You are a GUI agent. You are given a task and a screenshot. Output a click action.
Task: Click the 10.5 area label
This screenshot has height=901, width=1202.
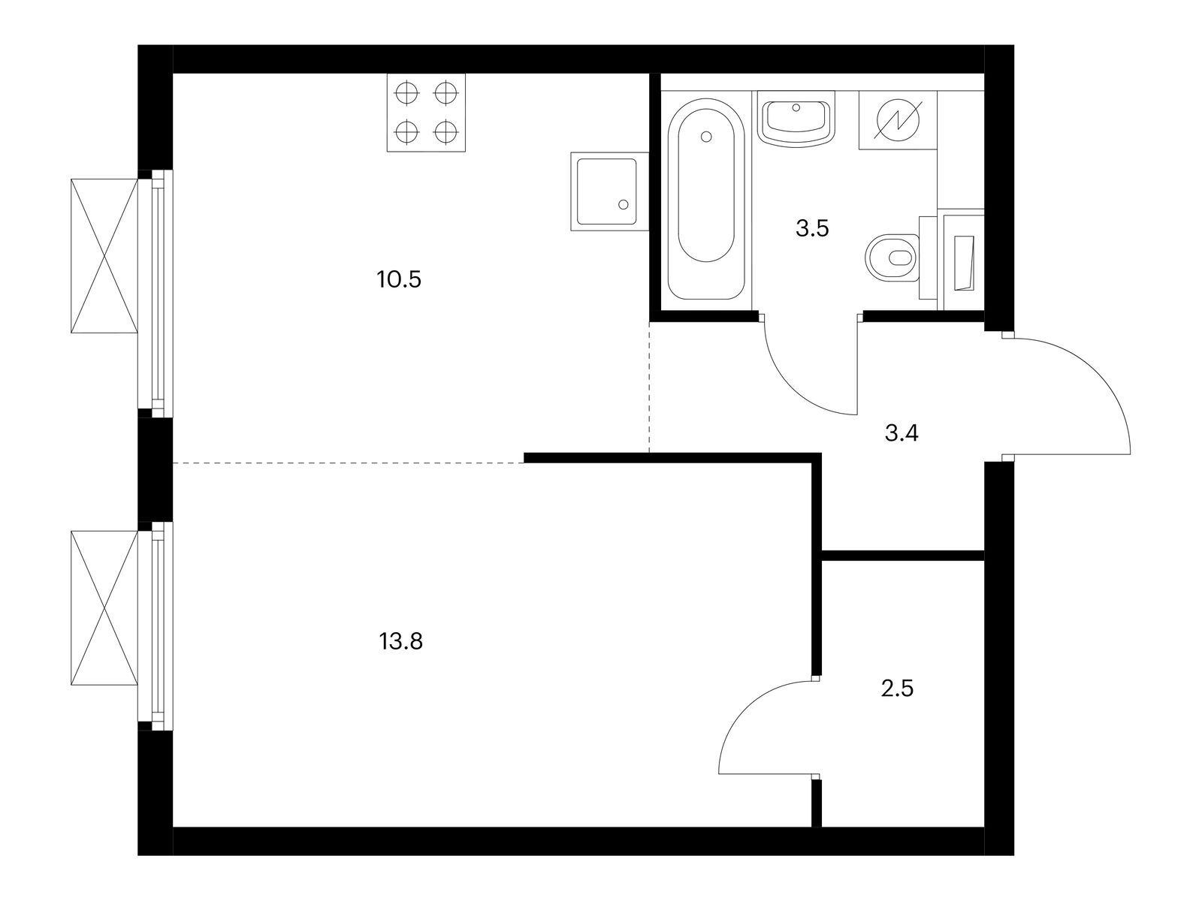(x=400, y=280)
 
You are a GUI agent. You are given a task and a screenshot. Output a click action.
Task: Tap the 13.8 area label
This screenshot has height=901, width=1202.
(x=401, y=642)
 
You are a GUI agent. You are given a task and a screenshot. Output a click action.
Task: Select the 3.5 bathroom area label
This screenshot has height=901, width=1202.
(x=812, y=229)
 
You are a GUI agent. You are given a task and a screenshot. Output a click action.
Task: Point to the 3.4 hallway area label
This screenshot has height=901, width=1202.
(x=901, y=433)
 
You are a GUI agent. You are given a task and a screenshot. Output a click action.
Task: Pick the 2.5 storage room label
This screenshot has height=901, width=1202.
(x=897, y=688)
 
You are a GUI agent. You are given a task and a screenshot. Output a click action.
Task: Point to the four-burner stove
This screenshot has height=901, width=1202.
(x=426, y=113)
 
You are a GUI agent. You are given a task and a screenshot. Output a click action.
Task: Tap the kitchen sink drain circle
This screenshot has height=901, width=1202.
(x=623, y=204)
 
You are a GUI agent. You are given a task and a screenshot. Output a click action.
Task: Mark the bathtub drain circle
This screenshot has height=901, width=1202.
(x=705, y=137)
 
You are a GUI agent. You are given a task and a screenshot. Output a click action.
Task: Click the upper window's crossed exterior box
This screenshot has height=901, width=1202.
(x=105, y=255)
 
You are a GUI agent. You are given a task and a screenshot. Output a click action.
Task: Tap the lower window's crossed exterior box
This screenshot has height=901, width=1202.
(x=105, y=608)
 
